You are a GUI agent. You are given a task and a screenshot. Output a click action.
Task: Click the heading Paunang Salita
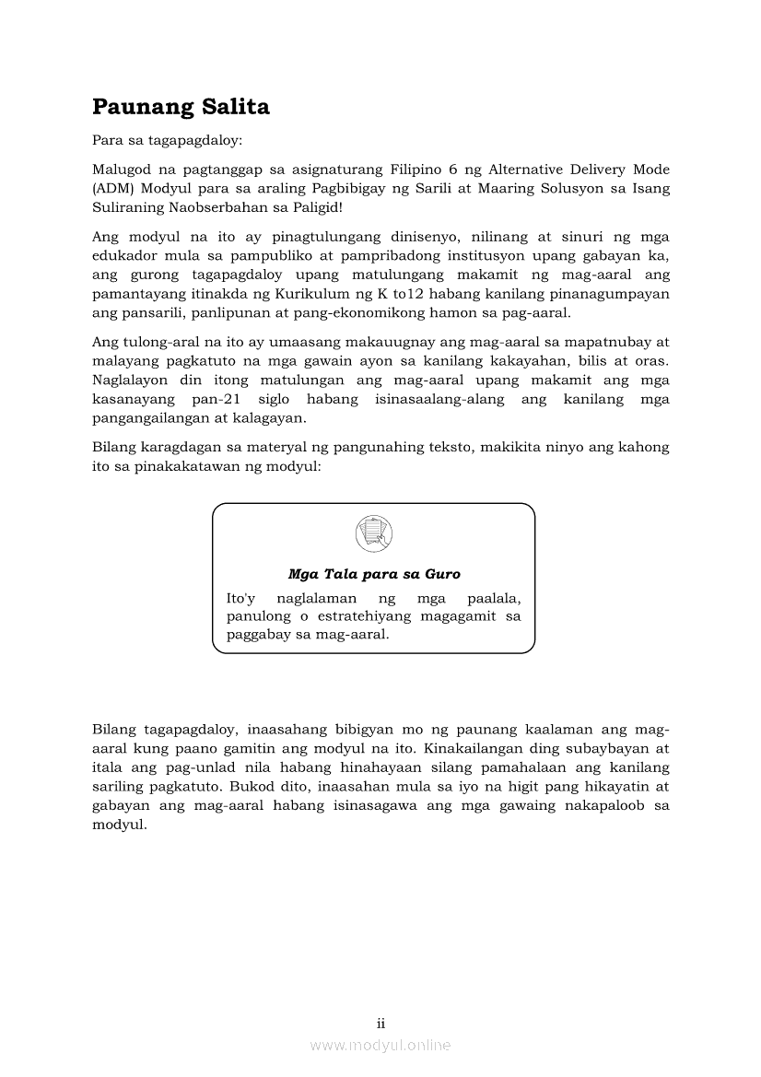pos(181,108)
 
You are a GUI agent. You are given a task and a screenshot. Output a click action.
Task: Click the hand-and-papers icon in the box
pos(374,534)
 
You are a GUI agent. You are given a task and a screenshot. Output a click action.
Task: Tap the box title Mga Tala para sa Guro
pos(374,574)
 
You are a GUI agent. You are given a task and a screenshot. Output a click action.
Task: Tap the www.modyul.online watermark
pos(380,1045)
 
